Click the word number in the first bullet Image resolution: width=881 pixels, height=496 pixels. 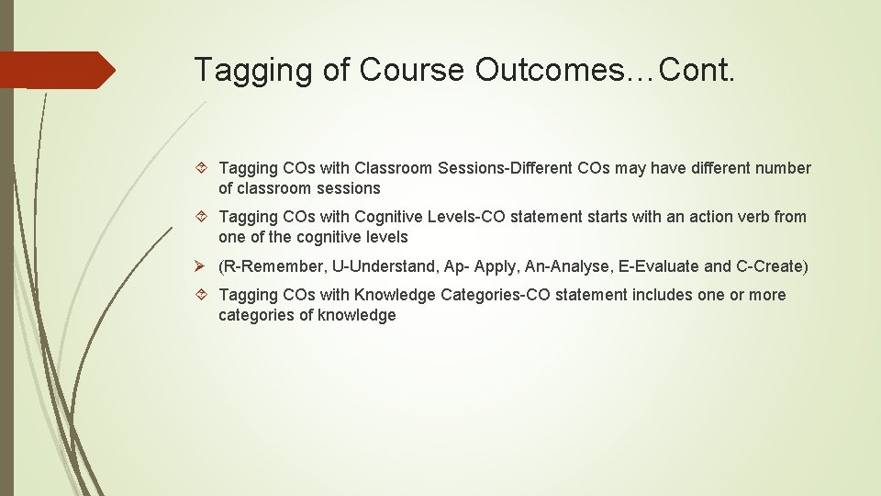(x=783, y=168)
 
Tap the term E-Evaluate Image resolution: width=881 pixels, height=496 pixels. (x=658, y=266)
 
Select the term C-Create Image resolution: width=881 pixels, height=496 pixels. (x=769, y=266)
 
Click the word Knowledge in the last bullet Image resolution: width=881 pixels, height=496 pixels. (x=395, y=295)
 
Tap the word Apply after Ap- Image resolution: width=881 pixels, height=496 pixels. (x=494, y=266)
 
